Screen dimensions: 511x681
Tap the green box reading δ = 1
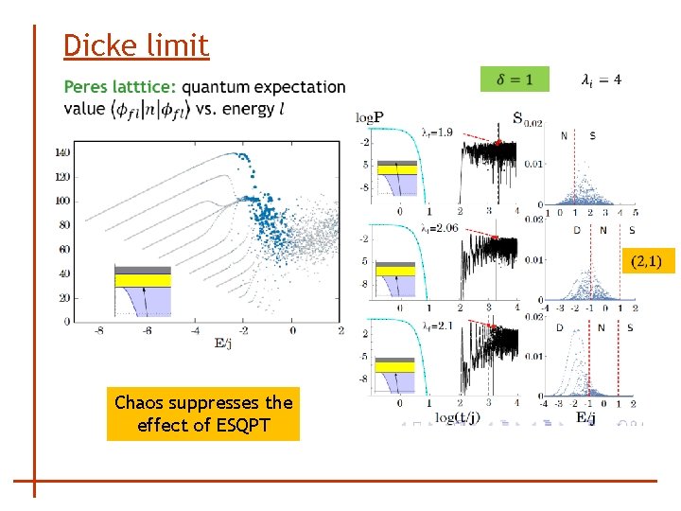[x=514, y=79]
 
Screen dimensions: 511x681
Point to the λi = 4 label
[x=601, y=79]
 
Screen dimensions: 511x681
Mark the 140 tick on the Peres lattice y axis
[x=61, y=152]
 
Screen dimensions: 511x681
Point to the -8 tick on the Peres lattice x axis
[x=97, y=330]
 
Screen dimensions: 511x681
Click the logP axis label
[x=370, y=118]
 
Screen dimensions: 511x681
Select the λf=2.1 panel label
[x=439, y=326]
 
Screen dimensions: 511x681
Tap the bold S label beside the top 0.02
[x=517, y=118]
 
